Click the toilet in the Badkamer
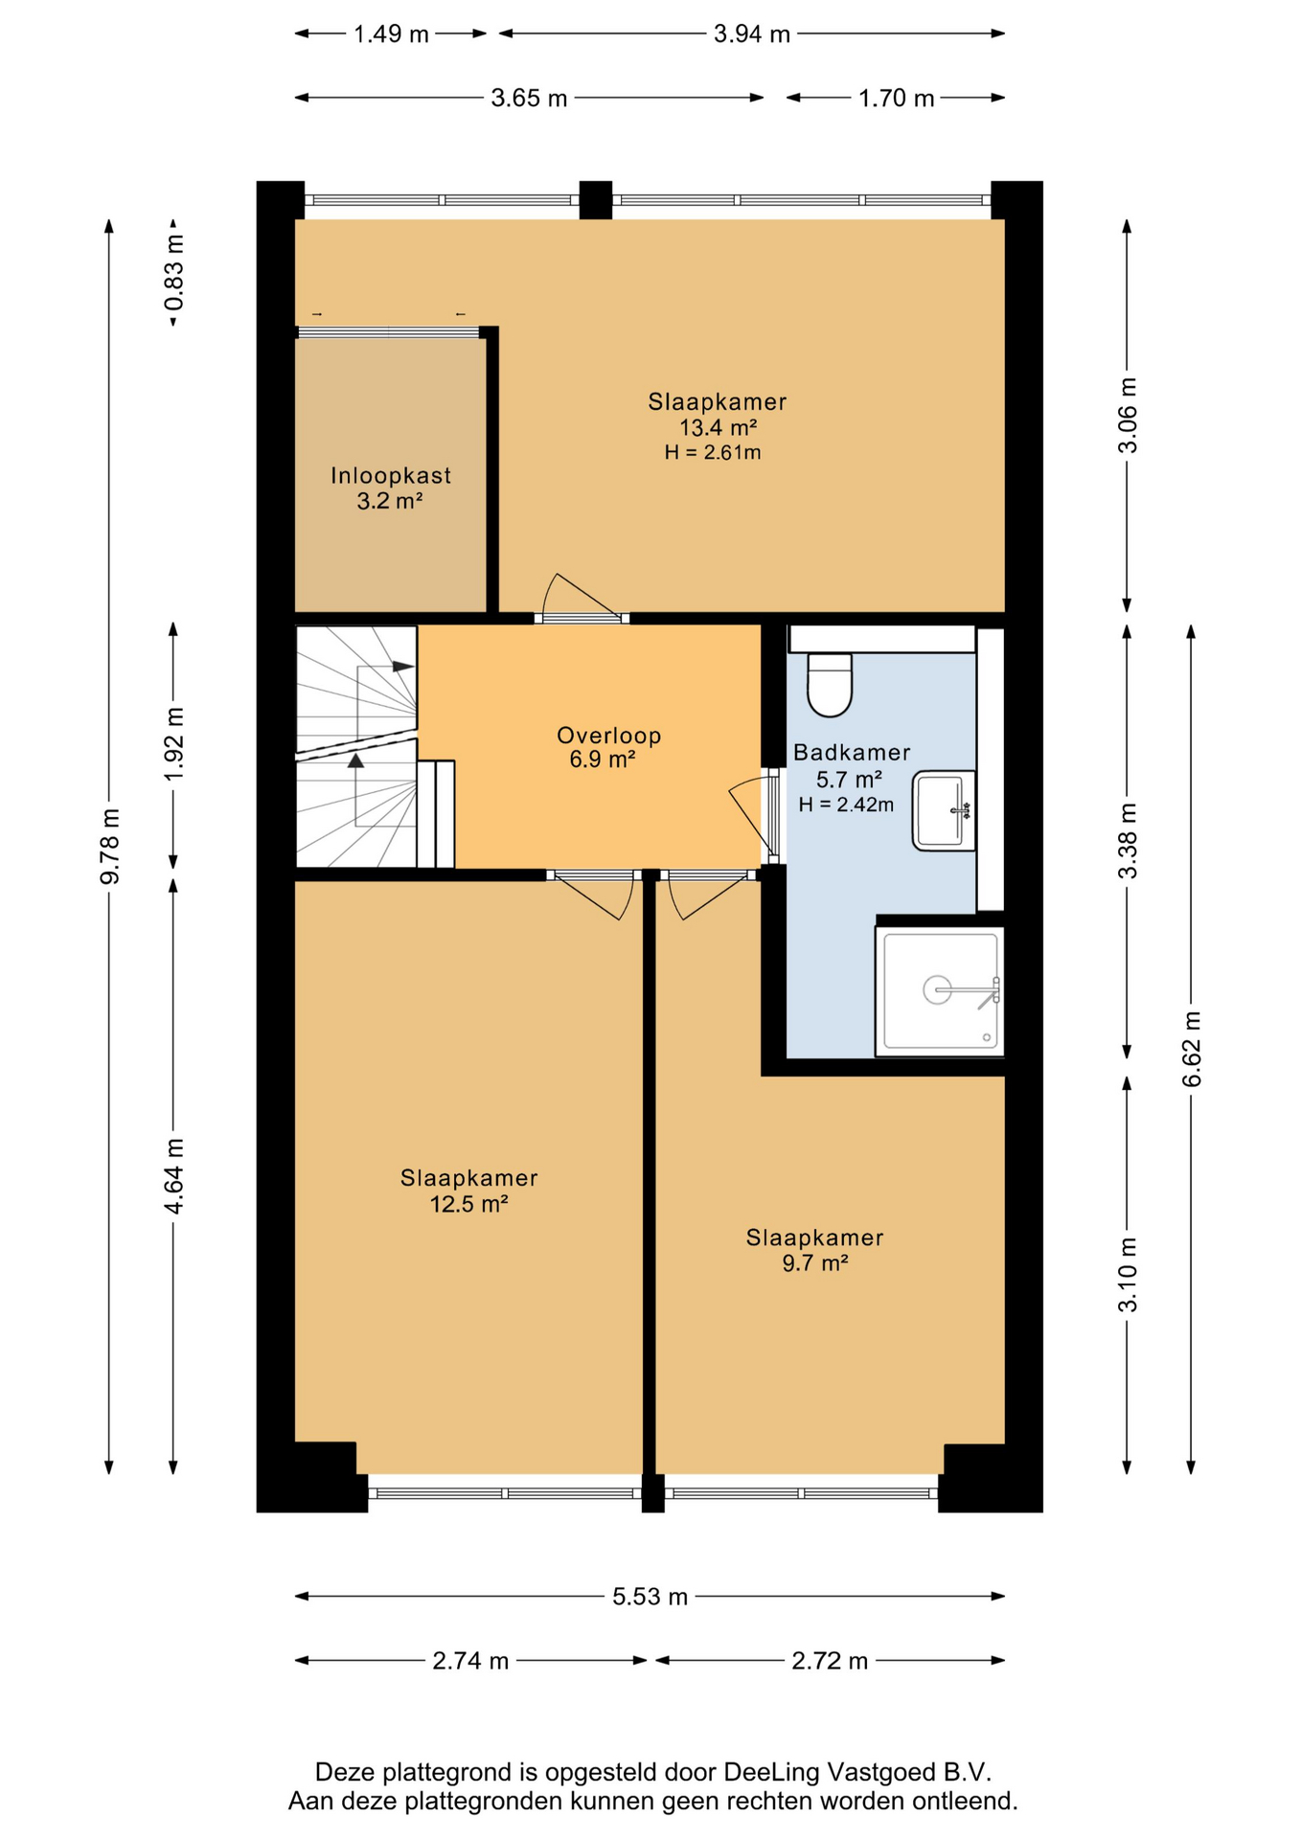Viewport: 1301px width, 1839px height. [x=830, y=685]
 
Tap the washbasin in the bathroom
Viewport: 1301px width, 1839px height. [x=944, y=811]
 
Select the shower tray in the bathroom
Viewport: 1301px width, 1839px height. [x=940, y=991]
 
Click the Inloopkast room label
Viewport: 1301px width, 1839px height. [x=391, y=475]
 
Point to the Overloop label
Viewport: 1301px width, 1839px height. [x=609, y=736]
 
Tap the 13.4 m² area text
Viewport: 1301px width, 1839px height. [x=719, y=427]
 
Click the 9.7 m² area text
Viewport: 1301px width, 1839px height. [x=815, y=1262]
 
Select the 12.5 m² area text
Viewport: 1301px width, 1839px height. [x=468, y=1204]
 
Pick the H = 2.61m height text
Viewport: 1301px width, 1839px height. [x=713, y=452]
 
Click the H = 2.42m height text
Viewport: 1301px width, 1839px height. [x=846, y=805]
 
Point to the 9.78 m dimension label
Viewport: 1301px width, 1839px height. [x=110, y=846]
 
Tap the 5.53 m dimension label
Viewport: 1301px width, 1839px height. [x=650, y=1597]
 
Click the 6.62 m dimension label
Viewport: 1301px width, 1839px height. [x=1192, y=1049]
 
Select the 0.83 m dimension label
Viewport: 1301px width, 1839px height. [x=174, y=273]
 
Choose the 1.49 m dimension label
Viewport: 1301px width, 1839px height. [x=391, y=34]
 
